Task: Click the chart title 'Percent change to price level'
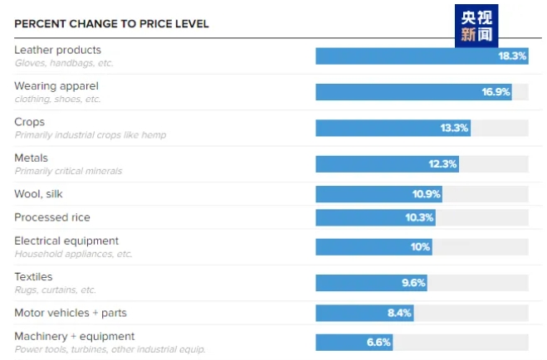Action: point(111,24)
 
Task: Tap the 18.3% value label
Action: point(512,56)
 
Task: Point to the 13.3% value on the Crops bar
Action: point(454,128)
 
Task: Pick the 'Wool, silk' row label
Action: point(38,194)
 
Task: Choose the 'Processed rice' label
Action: point(52,217)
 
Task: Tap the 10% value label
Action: point(420,247)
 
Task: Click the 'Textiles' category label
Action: point(33,277)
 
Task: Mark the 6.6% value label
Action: point(379,342)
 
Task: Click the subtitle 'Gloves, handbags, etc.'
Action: point(64,63)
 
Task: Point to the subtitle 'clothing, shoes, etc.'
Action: point(58,99)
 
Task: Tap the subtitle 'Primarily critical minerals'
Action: point(68,171)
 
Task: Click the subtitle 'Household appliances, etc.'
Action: point(73,254)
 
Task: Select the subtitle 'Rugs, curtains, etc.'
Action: point(56,290)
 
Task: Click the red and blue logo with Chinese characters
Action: point(478,27)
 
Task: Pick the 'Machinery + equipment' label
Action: point(75,336)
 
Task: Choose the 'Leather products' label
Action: point(58,51)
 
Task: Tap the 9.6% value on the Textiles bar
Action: point(413,283)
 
